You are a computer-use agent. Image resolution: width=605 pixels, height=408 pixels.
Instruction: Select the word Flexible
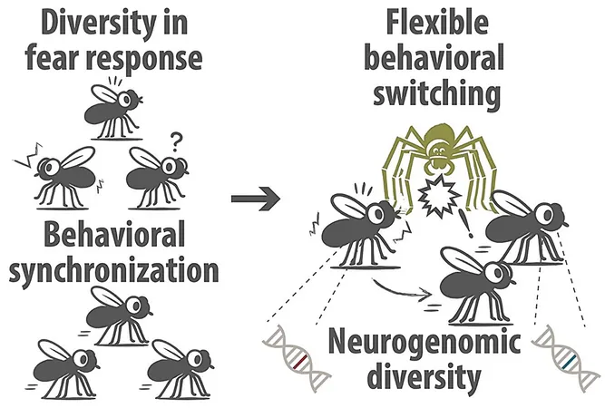437,22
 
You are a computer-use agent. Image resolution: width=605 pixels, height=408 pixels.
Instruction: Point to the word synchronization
113,271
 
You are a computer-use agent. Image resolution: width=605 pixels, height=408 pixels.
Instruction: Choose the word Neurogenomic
424,344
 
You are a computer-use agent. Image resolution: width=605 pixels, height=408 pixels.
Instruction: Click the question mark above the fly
175,142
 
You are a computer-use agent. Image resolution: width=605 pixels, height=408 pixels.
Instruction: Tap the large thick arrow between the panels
256,199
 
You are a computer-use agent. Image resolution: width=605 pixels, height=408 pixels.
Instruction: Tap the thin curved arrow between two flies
401,290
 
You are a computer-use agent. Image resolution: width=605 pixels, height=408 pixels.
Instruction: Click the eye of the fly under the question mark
169,166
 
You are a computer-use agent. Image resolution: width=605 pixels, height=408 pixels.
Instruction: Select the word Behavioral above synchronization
113,236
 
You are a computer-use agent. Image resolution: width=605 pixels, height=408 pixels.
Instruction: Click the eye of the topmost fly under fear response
125,99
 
